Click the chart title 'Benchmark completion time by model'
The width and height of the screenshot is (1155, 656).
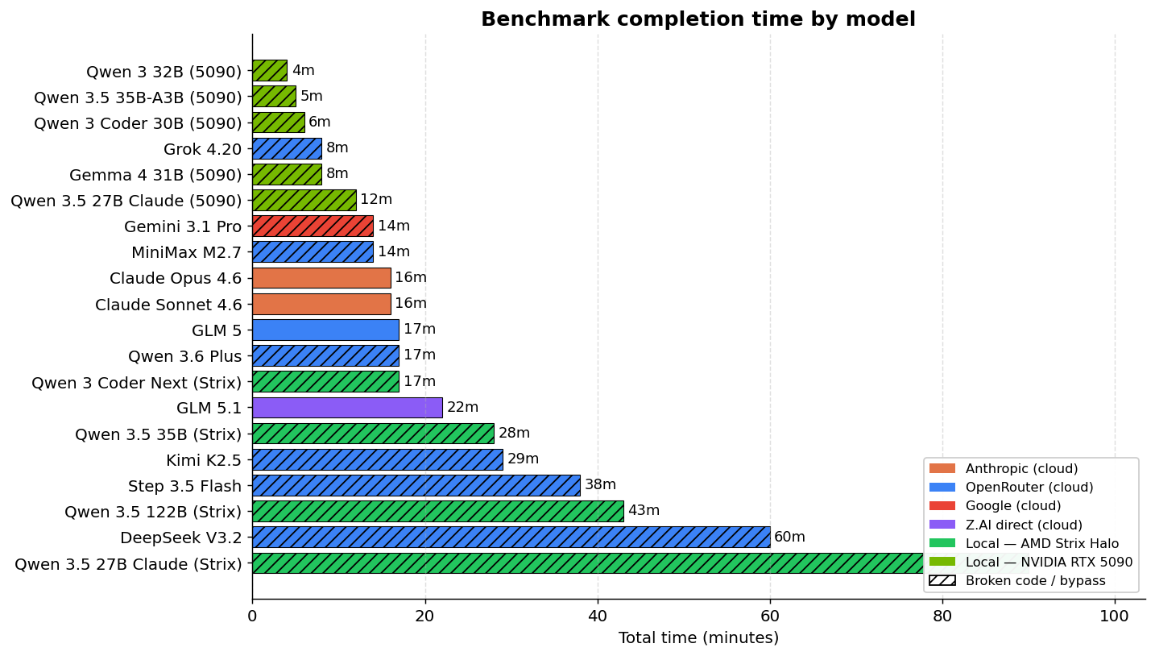click(698, 19)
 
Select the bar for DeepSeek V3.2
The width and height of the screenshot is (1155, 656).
click(511, 537)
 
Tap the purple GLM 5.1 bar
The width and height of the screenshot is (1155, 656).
click(347, 407)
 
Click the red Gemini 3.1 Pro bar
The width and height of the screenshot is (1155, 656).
click(313, 226)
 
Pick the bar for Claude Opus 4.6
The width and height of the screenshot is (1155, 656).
click(321, 277)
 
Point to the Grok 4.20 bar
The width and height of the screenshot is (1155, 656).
click(287, 148)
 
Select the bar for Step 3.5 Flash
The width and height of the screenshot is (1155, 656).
click(416, 485)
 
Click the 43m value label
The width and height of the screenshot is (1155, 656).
click(644, 511)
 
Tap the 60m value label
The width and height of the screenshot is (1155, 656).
click(789, 537)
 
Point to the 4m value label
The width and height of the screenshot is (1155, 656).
click(303, 71)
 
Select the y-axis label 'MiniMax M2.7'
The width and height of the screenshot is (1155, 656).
click(186, 252)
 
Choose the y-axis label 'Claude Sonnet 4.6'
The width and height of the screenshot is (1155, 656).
click(168, 305)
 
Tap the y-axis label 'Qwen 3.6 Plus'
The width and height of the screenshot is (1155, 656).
click(184, 356)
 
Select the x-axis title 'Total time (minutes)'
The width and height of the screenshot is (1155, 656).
click(698, 637)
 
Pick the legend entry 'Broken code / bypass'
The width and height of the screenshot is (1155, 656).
click(1035, 580)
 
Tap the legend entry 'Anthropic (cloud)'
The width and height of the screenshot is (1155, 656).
click(1021, 468)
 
